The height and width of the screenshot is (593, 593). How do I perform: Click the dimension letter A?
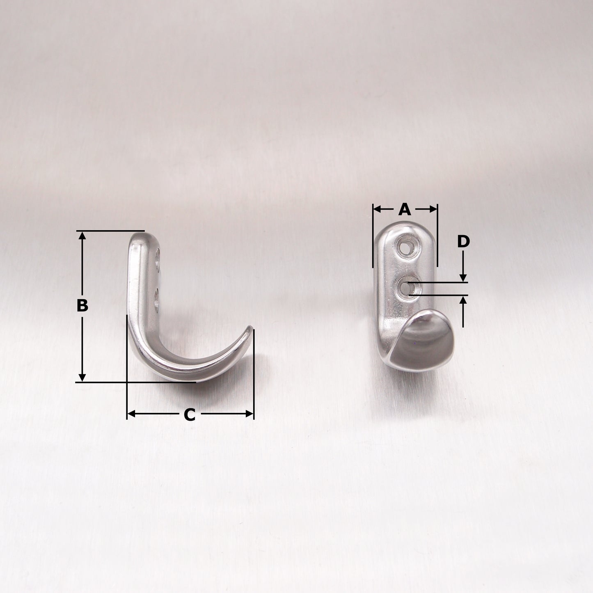pos(404,209)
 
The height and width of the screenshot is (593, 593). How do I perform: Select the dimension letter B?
pos(82,305)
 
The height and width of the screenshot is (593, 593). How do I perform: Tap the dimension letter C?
pos(189,414)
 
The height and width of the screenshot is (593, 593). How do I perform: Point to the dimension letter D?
pos(463,242)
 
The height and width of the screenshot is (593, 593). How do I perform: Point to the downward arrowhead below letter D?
pos(463,278)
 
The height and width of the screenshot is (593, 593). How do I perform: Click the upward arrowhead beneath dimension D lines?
pos(463,300)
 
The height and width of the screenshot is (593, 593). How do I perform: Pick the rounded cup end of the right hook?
pos(423,341)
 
